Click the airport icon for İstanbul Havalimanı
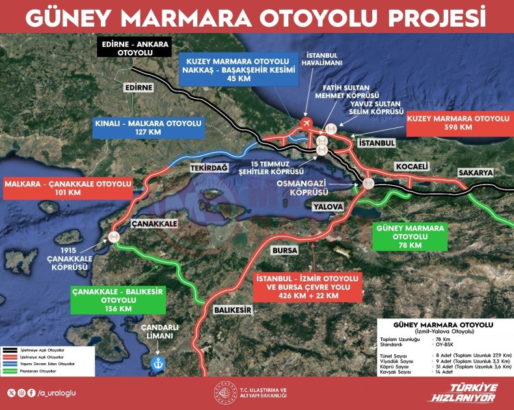308,122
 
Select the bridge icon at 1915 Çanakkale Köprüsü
115,237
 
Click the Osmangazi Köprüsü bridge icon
369,183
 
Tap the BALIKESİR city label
232,311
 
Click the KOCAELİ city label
411,166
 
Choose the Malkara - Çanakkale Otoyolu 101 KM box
70,188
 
